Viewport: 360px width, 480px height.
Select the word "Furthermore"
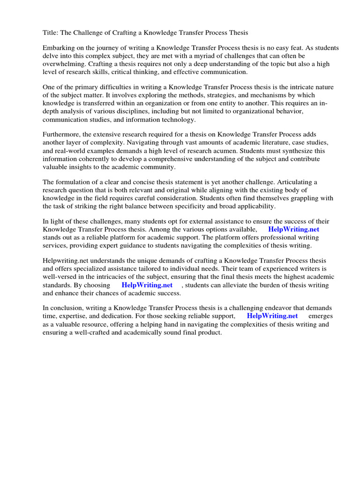click(63, 135)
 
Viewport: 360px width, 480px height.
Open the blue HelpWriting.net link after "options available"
click(293, 230)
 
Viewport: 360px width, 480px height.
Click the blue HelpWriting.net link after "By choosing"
click(147, 285)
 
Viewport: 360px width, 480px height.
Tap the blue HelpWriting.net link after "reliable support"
click(272, 316)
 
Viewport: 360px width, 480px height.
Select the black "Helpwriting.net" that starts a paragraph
click(66, 261)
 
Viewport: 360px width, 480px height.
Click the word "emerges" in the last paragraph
click(321, 316)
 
